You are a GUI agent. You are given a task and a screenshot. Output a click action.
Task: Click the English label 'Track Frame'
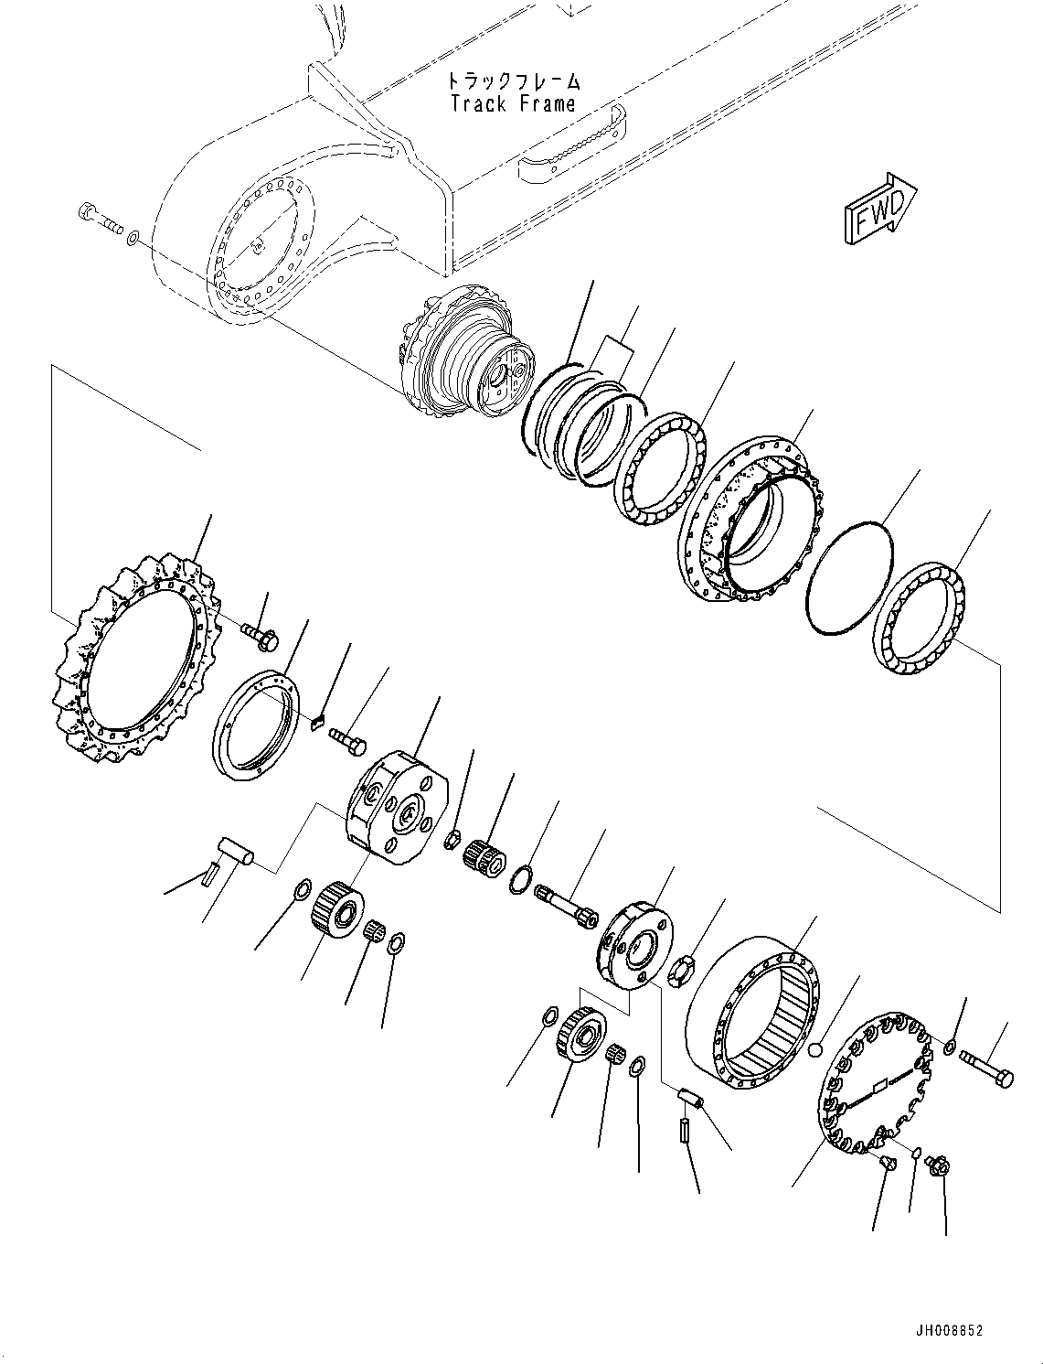coord(513,103)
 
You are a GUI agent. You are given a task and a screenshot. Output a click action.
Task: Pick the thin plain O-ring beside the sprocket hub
coord(850,576)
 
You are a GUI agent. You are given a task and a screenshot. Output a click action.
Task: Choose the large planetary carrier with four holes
coord(398,806)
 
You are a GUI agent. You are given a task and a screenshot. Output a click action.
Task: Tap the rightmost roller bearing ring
coord(920,620)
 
